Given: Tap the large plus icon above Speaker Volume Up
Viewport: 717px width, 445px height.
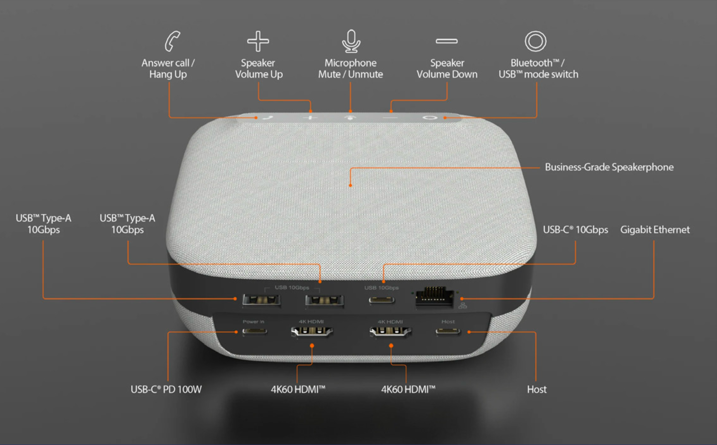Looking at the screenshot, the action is pyautogui.click(x=258, y=41).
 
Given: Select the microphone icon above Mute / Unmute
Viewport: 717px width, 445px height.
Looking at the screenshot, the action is pyautogui.click(x=351, y=41).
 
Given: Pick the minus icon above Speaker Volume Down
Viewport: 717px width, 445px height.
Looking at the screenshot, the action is pyautogui.click(x=447, y=41).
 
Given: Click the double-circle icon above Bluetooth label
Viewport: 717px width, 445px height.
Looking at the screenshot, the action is pyautogui.click(x=535, y=41).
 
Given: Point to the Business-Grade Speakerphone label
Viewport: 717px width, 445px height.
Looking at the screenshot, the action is pyautogui.click(x=609, y=167).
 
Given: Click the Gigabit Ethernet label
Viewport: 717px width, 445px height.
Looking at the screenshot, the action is pyautogui.click(x=655, y=230).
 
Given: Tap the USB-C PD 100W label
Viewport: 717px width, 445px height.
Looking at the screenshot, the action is pyautogui.click(x=166, y=389).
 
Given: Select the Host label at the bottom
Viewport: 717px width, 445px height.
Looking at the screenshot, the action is pyautogui.click(x=537, y=389).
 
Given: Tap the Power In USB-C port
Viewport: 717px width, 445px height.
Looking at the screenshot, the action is pyautogui.click(x=254, y=331).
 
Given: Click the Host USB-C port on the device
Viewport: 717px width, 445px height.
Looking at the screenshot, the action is pyautogui.click(x=448, y=331).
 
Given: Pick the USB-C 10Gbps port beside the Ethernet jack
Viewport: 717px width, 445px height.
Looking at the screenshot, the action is pyautogui.click(x=381, y=300).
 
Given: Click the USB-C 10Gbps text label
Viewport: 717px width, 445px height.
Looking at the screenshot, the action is pyautogui.click(x=575, y=230).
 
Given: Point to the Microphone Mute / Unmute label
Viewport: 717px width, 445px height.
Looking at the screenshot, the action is pyautogui.click(x=351, y=69).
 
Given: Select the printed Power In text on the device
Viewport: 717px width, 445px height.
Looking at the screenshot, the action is pyautogui.click(x=253, y=322).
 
